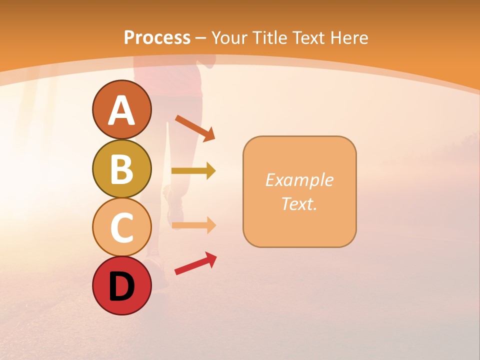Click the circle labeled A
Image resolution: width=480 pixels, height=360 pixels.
[x=121, y=109]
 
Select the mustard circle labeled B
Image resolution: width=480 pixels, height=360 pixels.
[x=121, y=168]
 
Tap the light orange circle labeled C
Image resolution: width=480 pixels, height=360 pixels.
[x=121, y=227]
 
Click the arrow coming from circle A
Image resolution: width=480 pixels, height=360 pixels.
[x=195, y=128]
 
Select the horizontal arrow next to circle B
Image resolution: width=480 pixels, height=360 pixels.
[x=193, y=171]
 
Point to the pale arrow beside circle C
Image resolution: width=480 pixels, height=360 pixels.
[x=193, y=225]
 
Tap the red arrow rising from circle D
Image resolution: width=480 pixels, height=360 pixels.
[x=195, y=263]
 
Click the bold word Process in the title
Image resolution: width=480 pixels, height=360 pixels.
[x=157, y=37]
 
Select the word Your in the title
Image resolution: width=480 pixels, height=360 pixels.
[x=230, y=37]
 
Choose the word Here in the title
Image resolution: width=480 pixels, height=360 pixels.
[x=350, y=37]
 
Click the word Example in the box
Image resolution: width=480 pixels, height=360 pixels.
[x=299, y=180]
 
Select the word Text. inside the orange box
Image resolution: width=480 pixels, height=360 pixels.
[x=299, y=203]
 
